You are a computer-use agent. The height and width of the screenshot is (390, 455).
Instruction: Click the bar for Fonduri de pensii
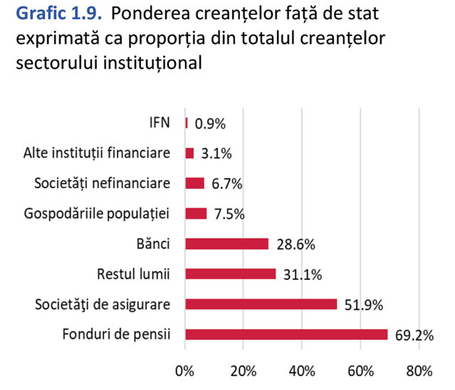(286, 335)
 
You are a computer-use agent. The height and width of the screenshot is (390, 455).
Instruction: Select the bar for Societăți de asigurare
(261, 304)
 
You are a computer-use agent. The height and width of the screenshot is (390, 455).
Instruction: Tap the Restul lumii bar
(231, 274)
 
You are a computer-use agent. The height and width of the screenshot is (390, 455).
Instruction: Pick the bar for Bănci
(227, 244)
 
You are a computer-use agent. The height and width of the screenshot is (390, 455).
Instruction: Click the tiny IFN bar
(187, 123)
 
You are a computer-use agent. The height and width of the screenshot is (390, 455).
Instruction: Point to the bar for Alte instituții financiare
(189, 153)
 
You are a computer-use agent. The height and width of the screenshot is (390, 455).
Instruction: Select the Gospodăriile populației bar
(196, 214)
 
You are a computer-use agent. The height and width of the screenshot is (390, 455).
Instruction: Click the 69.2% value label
(414, 335)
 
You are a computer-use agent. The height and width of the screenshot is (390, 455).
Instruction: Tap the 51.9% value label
(364, 305)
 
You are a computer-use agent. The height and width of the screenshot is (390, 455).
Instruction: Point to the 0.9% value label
(210, 124)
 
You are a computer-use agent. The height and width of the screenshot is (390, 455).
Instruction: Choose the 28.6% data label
(296, 244)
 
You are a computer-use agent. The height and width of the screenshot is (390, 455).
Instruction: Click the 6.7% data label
(227, 184)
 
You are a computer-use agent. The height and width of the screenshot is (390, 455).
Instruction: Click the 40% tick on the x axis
(302, 371)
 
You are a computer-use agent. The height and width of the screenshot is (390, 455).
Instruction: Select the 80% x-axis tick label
(419, 371)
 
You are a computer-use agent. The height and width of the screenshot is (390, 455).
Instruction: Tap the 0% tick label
(184, 371)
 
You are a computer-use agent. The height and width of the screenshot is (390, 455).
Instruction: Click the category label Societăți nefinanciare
(102, 183)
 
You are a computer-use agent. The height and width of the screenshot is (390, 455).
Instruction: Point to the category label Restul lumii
(133, 274)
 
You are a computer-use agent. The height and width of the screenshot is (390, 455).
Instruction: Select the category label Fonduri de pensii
(116, 335)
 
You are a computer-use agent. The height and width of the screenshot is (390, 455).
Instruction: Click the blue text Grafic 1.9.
(59, 13)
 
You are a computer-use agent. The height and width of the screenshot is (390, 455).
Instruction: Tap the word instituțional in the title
(152, 63)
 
